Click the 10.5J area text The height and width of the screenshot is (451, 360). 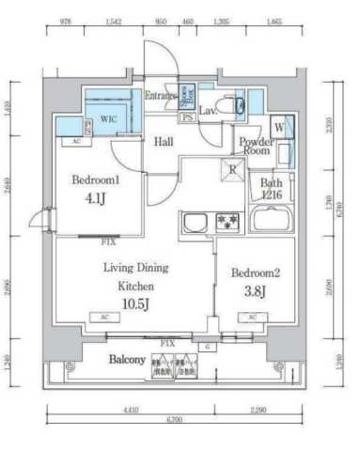coord(133,302)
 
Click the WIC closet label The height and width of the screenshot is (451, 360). coord(108,120)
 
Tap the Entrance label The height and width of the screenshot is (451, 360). coord(161,95)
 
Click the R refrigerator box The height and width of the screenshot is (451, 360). coord(231,168)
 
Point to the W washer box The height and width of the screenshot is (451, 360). coord(279,127)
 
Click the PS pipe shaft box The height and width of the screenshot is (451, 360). coord(187,117)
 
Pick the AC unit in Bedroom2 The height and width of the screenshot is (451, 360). coord(251,318)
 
